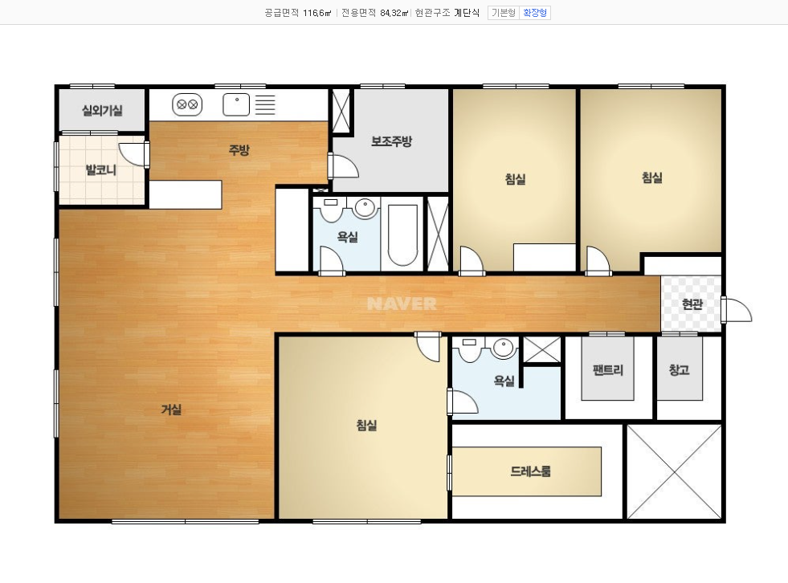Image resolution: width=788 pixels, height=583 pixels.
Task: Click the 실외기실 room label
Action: [x=102, y=110]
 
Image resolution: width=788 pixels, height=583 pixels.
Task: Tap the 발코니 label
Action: [x=101, y=170]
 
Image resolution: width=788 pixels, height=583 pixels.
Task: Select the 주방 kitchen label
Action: [x=239, y=150]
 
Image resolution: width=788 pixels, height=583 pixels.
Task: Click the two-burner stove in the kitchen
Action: [x=187, y=105]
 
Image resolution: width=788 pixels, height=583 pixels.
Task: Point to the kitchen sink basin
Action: [x=236, y=104]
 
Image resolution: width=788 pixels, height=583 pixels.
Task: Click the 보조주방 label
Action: [x=391, y=141]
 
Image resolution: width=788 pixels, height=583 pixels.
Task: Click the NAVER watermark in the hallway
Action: [x=402, y=304]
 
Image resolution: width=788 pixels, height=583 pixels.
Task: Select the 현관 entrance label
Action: [x=692, y=304]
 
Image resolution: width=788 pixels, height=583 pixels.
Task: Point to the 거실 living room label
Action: [x=171, y=410]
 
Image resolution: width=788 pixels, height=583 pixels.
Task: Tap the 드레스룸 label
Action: [x=531, y=471]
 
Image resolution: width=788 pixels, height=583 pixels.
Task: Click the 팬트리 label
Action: [x=608, y=370]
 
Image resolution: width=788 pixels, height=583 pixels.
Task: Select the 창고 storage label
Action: [x=679, y=370]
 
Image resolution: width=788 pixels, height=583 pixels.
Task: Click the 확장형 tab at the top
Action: [x=535, y=13]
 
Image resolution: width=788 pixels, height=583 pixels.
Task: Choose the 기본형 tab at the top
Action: [x=504, y=13]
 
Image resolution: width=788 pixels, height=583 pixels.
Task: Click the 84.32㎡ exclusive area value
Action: [x=394, y=13]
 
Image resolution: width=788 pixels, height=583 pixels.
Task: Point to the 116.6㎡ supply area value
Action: [x=317, y=13]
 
